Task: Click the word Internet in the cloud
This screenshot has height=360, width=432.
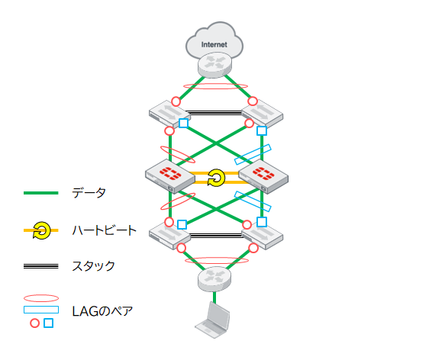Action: pos(214,44)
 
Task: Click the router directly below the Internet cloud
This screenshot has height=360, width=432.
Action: pos(214,66)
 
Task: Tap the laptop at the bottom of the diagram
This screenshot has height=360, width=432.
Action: pos(212,320)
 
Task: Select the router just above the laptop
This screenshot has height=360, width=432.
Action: pos(214,279)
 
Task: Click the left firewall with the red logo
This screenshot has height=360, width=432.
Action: pos(170,176)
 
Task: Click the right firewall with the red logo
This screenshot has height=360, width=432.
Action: pos(263,176)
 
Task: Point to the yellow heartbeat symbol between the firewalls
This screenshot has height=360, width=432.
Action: pos(216,178)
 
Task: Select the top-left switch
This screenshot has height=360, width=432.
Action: pos(166,114)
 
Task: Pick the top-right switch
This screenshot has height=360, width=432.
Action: pos(263,114)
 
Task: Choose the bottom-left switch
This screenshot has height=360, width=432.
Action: pos(169,236)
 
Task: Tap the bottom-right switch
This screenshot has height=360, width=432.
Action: pos(263,236)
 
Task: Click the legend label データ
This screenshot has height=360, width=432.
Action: pos(89,193)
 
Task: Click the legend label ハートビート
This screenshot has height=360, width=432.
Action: pos(104,230)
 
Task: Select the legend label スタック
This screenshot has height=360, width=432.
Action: pos(93,266)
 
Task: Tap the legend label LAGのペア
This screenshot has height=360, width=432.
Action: pos(102,311)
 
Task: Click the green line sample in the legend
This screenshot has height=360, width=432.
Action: pos(41,193)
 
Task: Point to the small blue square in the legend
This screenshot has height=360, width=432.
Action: pos(49,323)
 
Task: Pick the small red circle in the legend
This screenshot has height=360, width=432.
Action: pos(34,323)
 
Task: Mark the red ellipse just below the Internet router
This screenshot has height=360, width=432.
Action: pos(215,86)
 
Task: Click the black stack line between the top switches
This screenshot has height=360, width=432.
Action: pos(214,113)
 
